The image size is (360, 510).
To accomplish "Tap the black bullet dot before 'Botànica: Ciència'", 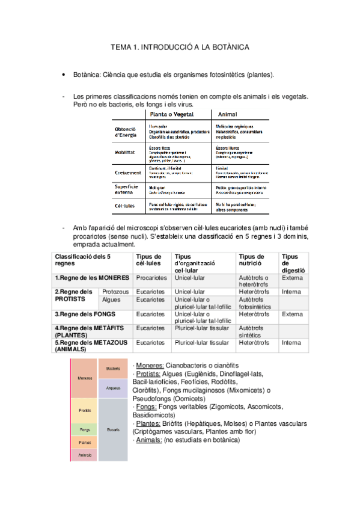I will [x=63, y=75].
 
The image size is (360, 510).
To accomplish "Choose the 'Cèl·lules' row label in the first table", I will [x=125, y=206].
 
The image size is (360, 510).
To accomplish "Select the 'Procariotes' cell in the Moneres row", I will [x=151, y=278].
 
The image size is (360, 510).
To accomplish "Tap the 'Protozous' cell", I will [x=115, y=292].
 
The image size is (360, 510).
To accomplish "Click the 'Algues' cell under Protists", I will [x=111, y=300].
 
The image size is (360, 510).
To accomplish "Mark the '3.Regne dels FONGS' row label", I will [x=85, y=314].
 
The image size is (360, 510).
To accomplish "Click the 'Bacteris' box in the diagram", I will [x=113, y=368].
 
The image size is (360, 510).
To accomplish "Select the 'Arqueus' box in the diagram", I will [x=113, y=388].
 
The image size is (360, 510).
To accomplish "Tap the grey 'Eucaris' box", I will [x=113, y=430].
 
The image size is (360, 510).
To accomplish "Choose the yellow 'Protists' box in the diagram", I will [x=85, y=410].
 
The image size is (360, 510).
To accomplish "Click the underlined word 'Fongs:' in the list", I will [x=147, y=406].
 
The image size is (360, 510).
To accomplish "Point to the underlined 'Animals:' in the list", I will [x=149, y=440].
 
